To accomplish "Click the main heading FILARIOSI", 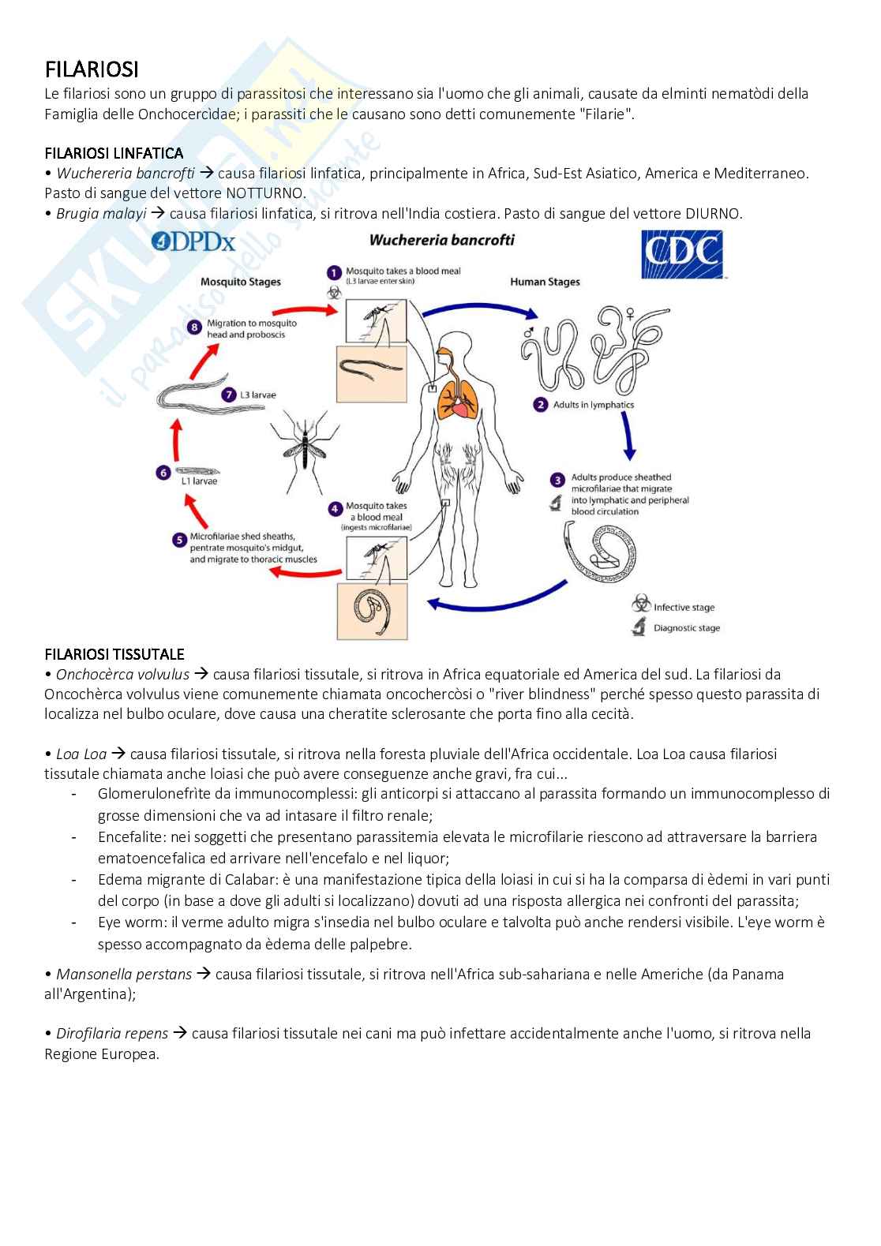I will pos(92,69).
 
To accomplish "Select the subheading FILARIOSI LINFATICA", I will pos(114,152).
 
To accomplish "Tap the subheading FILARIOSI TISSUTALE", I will pos(114,653).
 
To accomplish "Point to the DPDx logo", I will pos(193,241).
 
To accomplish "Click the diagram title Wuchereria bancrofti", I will pos(442,239).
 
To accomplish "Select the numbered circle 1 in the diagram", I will pos(333,273).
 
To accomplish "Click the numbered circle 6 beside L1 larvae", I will pos(163,473).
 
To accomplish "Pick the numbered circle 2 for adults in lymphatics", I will pos(541,405).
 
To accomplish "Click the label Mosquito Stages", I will pos(240,282).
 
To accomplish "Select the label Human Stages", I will pos(545,282).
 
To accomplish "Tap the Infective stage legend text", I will pos(684,608).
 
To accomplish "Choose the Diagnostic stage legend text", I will pos(687,628).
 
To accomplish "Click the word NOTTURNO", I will pos(265,193).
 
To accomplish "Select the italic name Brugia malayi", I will pos(101,213).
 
